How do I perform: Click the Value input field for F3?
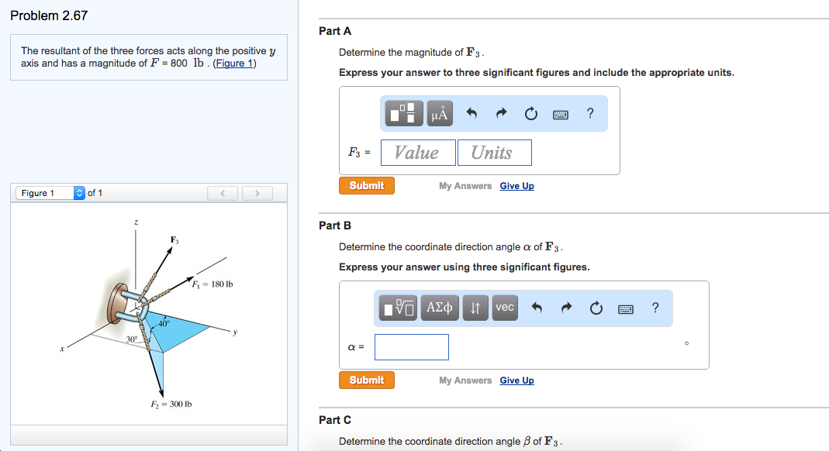417,153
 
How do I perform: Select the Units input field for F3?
494,153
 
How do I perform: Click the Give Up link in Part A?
516,186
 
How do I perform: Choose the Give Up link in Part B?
516,380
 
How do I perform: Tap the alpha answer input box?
411,347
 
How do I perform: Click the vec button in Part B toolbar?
505,308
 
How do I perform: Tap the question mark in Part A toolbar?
591,114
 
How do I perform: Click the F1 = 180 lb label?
213,284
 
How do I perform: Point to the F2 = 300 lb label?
171,405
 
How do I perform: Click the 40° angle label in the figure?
164,321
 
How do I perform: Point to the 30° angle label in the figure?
133,339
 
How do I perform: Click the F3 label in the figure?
175,239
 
